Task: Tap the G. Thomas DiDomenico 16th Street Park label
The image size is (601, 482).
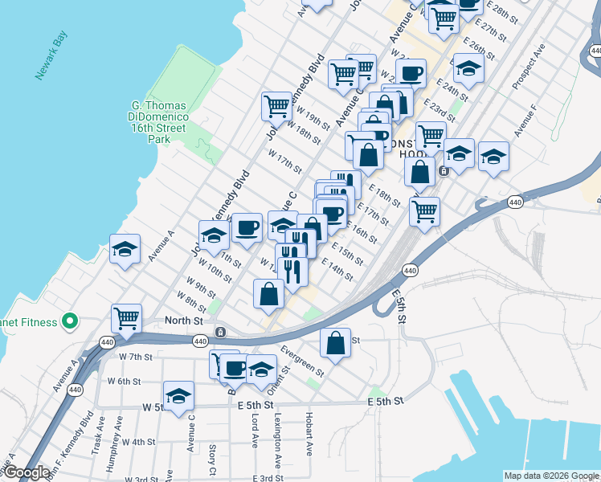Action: click(159, 122)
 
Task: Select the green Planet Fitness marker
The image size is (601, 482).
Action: click(70, 322)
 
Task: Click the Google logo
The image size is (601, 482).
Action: click(26, 472)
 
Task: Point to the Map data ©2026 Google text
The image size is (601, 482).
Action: click(550, 476)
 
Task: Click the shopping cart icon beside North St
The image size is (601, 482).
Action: click(127, 318)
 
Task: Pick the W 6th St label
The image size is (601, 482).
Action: click(124, 381)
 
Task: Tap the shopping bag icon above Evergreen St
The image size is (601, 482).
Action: click(336, 342)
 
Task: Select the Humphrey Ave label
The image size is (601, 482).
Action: click(119, 435)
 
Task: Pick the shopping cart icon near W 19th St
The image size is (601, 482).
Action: click(276, 105)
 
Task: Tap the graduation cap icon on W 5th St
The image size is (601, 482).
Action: click(178, 395)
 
